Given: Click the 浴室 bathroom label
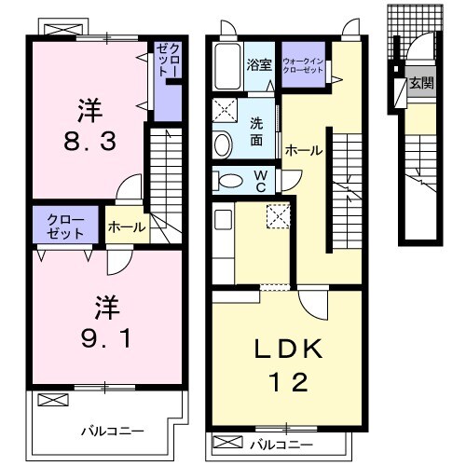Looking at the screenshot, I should pos(258,66).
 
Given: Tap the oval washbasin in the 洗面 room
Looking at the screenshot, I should pos(223,144).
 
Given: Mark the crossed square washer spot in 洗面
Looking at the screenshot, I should pos(226,110).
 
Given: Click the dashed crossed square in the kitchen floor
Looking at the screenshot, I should pos(278,215).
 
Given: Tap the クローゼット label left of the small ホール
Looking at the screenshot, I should pos(65,226).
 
